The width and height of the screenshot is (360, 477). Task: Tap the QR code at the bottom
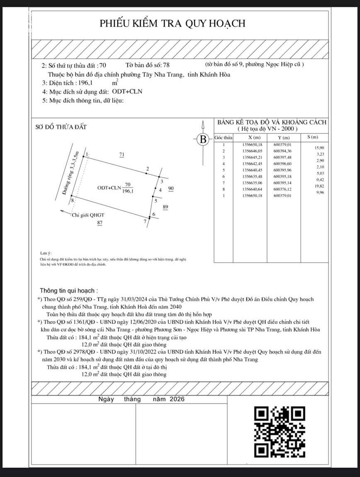[280, 431]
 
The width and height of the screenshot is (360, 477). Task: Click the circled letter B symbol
[203, 139]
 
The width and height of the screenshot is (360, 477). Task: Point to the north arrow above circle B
[203, 125]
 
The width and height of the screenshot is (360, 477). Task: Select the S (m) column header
[313, 137]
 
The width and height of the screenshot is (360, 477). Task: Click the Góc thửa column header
[223, 137]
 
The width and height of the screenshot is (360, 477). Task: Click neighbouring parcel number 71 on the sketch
[122, 154]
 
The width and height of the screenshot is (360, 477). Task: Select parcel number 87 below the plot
[100, 223]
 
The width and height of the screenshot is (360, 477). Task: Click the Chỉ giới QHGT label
[88, 215]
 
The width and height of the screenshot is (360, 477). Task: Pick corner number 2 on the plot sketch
[147, 169]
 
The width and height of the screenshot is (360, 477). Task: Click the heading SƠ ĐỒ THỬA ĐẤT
[61, 127]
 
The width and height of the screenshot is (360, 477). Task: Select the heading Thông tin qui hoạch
[68, 291]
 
